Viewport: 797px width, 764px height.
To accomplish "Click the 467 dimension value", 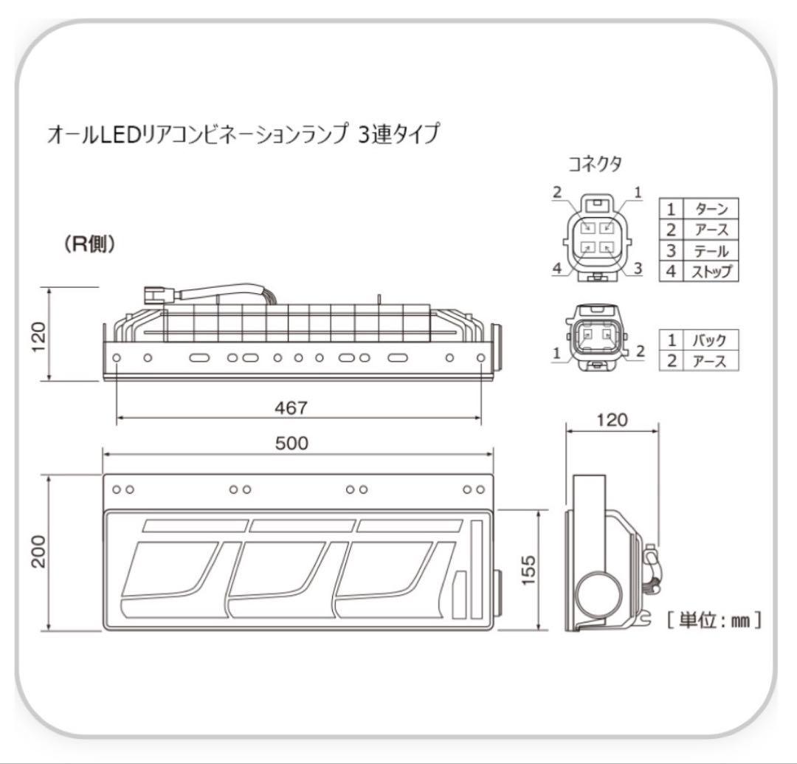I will point(298,407).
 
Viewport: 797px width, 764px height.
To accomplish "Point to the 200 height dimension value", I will point(39,551).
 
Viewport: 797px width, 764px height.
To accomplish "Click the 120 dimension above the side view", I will point(611,420).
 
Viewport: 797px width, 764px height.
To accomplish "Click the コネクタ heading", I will point(594,164).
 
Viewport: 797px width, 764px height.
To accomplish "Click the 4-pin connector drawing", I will point(596,238).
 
